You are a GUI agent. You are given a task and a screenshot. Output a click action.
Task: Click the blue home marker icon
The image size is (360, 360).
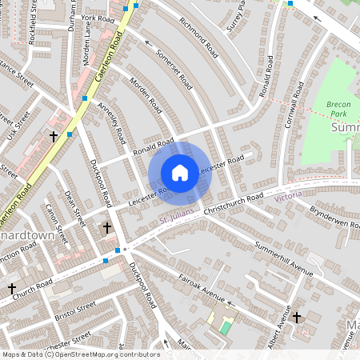(x=180, y=173)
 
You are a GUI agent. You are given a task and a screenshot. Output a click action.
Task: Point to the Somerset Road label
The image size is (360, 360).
(x=175, y=68)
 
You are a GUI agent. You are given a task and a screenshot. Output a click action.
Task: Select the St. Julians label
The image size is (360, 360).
(x=174, y=217)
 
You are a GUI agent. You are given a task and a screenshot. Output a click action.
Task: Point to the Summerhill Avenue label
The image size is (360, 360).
(x=282, y=258)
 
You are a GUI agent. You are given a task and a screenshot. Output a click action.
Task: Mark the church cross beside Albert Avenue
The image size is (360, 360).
(x=297, y=318)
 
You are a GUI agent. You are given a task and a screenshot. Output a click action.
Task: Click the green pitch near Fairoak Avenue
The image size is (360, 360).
(x=226, y=327)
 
